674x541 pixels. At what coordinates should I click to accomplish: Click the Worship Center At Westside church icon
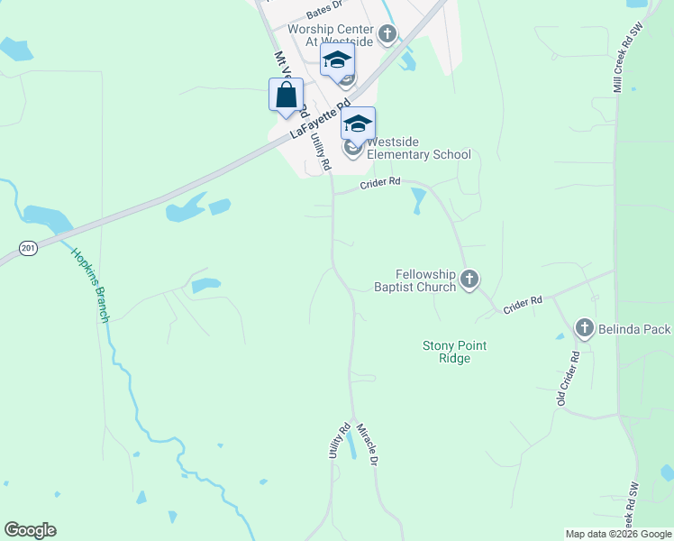[387, 35]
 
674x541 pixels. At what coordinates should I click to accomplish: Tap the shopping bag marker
[286, 95]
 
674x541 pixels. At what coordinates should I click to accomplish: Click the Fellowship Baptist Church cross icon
[469, 280]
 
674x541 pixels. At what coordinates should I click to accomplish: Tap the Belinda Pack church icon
[584, 328]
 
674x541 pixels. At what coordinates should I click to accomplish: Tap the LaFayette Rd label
[319, 120]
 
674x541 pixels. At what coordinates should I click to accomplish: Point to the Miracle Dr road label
[365, 445]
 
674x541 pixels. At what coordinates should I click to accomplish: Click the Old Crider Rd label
[568, 377]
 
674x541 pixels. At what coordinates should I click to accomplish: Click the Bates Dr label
[325, 10]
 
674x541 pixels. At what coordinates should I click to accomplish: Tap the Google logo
[30, 530]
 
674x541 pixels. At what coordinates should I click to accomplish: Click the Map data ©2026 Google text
[617, 534]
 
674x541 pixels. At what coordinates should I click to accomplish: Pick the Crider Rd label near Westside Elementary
[379, 183]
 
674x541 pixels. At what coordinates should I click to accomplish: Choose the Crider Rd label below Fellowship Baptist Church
[523, 305]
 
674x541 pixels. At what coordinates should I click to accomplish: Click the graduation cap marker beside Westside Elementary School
[358, 124]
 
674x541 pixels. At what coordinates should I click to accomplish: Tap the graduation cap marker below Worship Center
[337, 60]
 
